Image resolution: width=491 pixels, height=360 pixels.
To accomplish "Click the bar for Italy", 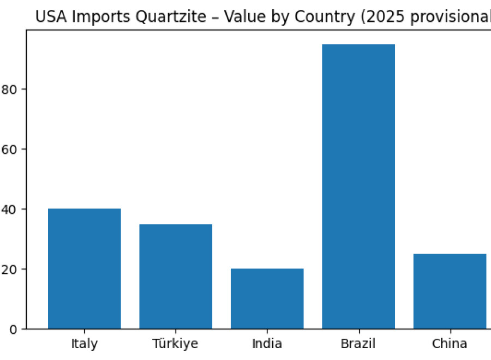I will pos(85,268).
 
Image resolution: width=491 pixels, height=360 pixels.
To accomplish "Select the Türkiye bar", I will pos(176,276).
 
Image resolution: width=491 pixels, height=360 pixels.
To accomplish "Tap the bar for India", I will pos(267,298).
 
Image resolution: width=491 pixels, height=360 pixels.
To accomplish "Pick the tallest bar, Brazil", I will pos(358,187).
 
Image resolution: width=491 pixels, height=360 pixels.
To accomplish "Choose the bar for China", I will pos(450,291).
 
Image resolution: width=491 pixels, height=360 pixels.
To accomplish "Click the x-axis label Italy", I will pos(85,344).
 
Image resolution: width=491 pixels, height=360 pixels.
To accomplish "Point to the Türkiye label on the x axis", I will pos(176,344).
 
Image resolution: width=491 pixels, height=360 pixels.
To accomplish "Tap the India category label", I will pos(267,344).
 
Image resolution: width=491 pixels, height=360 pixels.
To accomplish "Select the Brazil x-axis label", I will pos(358,344).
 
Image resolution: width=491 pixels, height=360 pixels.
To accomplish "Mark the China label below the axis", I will pos(450,344).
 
